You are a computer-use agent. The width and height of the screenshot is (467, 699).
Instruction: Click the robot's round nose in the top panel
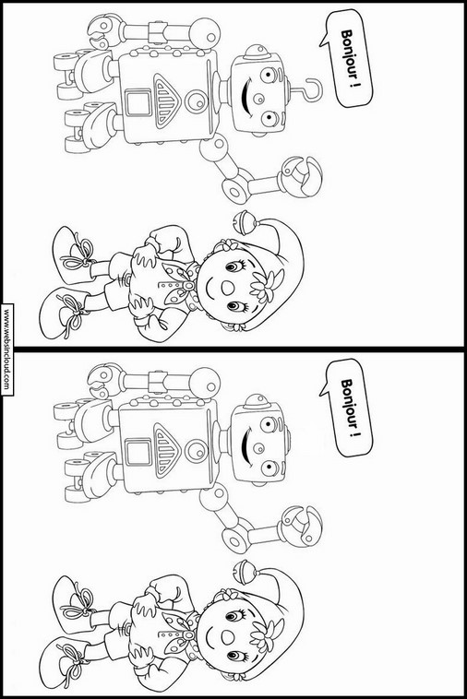[x=257, y=98]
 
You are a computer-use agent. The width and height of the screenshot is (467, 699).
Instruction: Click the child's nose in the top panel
[x=227, y=288]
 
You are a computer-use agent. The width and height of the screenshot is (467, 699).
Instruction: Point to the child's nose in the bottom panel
[x=227, y=637]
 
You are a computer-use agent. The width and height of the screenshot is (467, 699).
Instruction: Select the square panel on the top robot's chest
[x=138, y=102]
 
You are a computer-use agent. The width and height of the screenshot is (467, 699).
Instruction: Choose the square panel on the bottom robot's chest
[x=138, y=452]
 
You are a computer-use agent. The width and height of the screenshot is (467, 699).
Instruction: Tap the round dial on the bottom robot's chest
[x=196, y=451]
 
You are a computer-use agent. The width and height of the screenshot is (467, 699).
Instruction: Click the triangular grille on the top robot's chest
[x=167, y=100]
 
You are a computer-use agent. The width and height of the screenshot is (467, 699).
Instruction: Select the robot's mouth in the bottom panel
[x=245, y=444]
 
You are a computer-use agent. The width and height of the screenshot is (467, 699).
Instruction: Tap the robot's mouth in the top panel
[x=245, y=94]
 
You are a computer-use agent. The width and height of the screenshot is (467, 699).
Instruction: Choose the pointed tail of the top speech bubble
[x=323, y=40]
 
